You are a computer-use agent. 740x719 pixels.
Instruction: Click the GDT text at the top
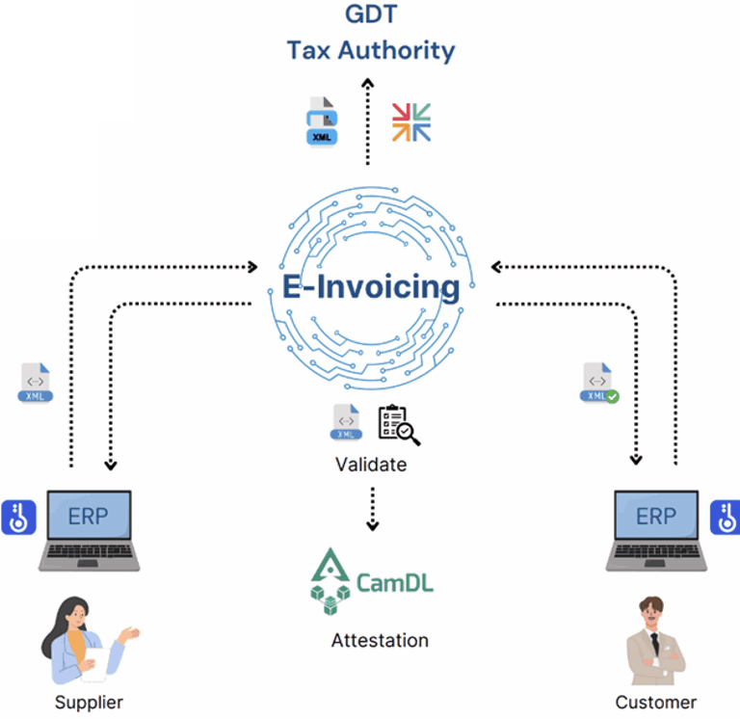click(x=371, y=14)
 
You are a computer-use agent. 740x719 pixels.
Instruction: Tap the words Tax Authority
click(x=371, y=50)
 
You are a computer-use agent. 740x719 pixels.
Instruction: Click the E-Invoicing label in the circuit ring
click(x=370, y=286)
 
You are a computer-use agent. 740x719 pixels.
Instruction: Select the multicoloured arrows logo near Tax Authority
click(x=411, y=122)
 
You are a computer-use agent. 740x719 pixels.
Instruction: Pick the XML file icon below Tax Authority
click(x=323, y=122)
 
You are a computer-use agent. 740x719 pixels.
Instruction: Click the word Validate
click(x=371, y=465)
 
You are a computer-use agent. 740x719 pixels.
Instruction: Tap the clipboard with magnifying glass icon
click(x=399, y=425)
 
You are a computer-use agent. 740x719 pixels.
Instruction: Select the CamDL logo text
click(x=395, y=582)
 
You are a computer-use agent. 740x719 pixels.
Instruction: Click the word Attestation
click(x=380, y=640)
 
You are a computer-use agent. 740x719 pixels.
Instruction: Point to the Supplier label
click(x=89, y=702)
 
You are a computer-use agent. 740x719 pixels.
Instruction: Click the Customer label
click(x=655, y=702)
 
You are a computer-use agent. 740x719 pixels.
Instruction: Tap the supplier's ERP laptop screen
click(x=88, y=517)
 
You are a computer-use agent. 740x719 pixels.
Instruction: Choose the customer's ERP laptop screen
click(x=656, y=517)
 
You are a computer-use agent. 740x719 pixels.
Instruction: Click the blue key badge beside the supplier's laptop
click(x=18, y=518)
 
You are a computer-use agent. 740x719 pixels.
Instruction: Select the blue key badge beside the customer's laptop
click(x=726, y=518)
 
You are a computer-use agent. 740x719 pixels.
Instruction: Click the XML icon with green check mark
click(x=598, y=383)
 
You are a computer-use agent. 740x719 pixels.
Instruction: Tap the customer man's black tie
click(x=654, y=646)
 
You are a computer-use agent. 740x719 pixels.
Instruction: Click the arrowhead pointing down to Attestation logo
click(x=372, y=525)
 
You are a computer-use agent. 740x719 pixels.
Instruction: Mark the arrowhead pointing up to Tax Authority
click(x=367, y=84)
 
